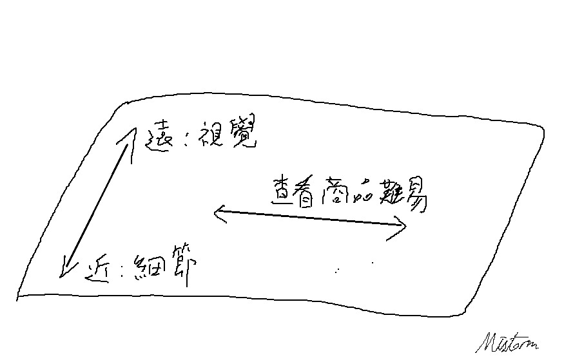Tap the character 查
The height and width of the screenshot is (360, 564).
click(x=282, y=192)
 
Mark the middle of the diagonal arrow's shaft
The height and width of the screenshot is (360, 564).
click(x=97, y=203)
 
